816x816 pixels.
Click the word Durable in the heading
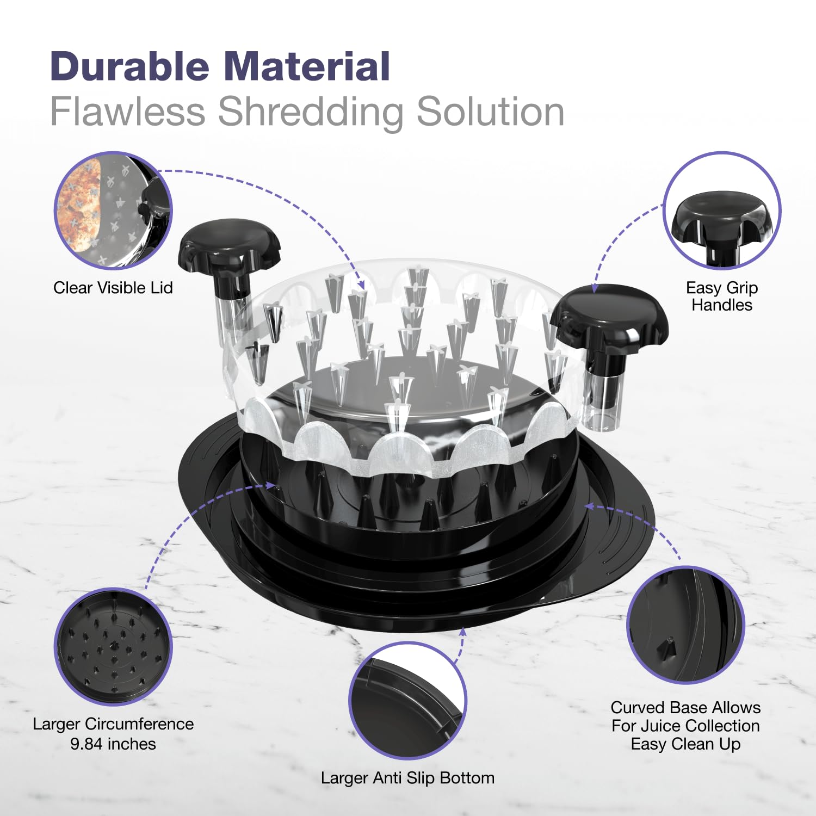pos(129,66)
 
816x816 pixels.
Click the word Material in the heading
pos(307,66)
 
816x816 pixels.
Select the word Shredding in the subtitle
pos(311,113)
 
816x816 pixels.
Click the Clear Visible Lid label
pos(113,287)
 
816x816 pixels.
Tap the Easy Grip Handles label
pos(722,296)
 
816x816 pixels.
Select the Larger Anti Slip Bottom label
pos(407,778)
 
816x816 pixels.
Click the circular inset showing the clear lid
pos(113,211)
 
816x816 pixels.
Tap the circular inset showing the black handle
pos(722,211)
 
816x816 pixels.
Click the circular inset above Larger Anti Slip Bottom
pos(407,701)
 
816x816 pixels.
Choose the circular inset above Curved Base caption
pos(685,625)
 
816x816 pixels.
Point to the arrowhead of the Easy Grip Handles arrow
pos(595,288)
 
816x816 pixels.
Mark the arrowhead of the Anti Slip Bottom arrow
pos(463,632)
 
